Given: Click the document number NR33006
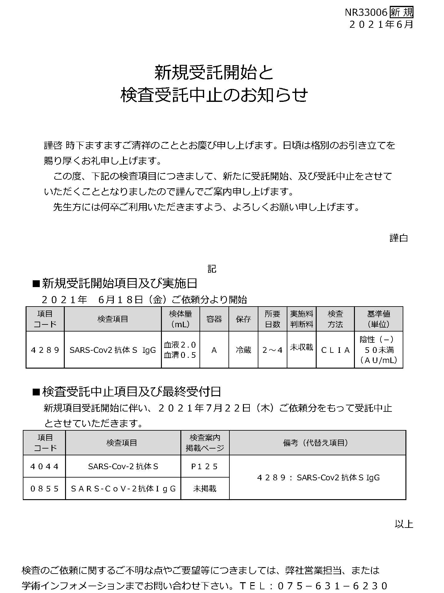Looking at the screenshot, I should click(x=366, y=13).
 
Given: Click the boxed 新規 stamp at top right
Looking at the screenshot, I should click(x=401, y=13).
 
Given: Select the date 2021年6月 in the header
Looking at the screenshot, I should click(x=381, y=24).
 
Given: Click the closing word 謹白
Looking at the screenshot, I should click(x=399, y=238).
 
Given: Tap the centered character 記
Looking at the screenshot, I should click(x=212, y=269).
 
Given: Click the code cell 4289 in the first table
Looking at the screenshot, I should click(x=45, y=350).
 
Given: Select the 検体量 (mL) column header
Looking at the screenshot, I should click(x=180, y=319).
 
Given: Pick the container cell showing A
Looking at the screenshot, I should click(x=214, y=350).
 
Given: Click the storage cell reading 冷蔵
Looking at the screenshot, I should click(x=243, y=350).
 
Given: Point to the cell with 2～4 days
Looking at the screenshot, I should click(x=272, y=350).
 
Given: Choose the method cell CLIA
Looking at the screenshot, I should click(x=335, y=350).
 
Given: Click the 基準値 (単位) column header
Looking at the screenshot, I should click(x=379, y=319).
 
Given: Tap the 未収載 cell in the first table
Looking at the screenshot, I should click(x=302, y=348).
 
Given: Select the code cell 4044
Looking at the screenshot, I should click(x=44, y=466).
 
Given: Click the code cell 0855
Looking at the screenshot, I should click(x=44, y=489).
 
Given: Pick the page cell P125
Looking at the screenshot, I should click(x=205, y=466).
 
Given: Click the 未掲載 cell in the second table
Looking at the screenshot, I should click(x=205, y=489).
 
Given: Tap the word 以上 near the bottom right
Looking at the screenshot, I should click(x=404, y=524).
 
